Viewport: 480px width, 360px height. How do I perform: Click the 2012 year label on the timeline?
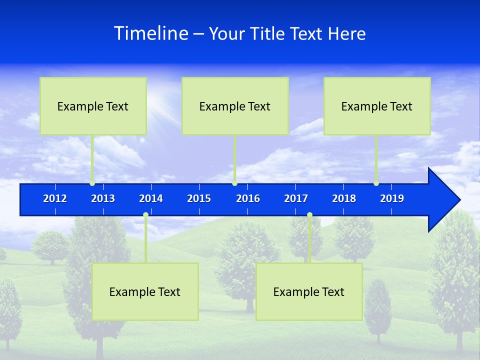tap(55, 198)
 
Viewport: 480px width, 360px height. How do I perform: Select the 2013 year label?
tap(103, 198)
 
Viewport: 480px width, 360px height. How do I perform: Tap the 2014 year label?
tap(151, 198)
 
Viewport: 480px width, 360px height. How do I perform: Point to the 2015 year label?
tap(199, 198)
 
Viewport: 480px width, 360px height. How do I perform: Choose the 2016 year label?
tap(248, 198)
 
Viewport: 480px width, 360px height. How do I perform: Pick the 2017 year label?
tap(296, 198)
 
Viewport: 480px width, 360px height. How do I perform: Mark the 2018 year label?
tap(344, 198)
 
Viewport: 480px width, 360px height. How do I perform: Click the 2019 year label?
tap(392, 198)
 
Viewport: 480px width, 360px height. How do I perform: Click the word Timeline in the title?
tap(151, 33)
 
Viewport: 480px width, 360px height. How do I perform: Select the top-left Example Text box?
tap(93, 106)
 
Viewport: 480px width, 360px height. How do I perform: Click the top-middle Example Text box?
tap(235, 106)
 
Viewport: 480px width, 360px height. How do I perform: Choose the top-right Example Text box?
tap(377, 106)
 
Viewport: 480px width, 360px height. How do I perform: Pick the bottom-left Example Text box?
tap(145, 291)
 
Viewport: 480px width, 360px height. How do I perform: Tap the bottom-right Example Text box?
tap(309, 291)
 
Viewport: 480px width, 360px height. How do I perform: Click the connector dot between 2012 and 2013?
tap(92, 183)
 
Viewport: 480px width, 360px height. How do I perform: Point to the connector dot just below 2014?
tap(145, 215)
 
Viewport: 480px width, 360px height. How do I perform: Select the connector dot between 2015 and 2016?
tap(234, 183)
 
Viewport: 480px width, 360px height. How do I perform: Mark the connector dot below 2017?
tap(309, 215)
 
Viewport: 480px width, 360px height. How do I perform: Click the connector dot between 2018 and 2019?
tap(376, 183)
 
